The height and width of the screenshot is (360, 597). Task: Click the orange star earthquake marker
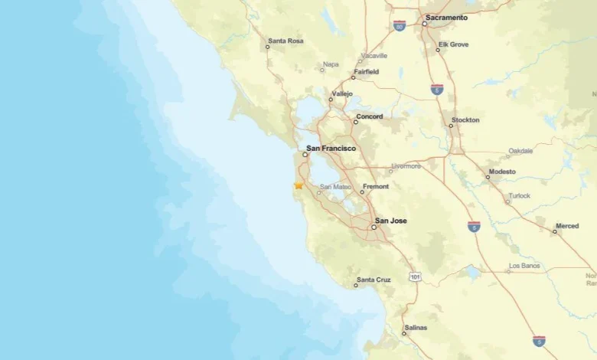298,185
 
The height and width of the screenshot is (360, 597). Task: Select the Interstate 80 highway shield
400,25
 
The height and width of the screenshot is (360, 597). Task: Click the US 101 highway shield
414,277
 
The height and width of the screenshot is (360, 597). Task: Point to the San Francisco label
331,148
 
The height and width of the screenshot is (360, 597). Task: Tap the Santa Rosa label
286,41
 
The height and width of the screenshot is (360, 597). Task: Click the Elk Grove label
453,44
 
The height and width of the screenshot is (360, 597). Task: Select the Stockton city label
465,119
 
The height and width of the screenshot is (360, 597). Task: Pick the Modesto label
502,172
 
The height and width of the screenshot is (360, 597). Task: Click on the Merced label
567,226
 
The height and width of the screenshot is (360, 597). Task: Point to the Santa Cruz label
374,280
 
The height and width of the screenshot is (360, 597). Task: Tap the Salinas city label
416,328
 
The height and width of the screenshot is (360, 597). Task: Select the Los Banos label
524,266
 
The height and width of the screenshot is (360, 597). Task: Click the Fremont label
376,186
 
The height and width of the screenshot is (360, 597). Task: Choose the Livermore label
406,165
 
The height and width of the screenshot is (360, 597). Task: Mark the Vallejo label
341,93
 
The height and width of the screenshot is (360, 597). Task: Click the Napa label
331,64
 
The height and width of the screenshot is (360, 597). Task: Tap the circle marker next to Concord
356,122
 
